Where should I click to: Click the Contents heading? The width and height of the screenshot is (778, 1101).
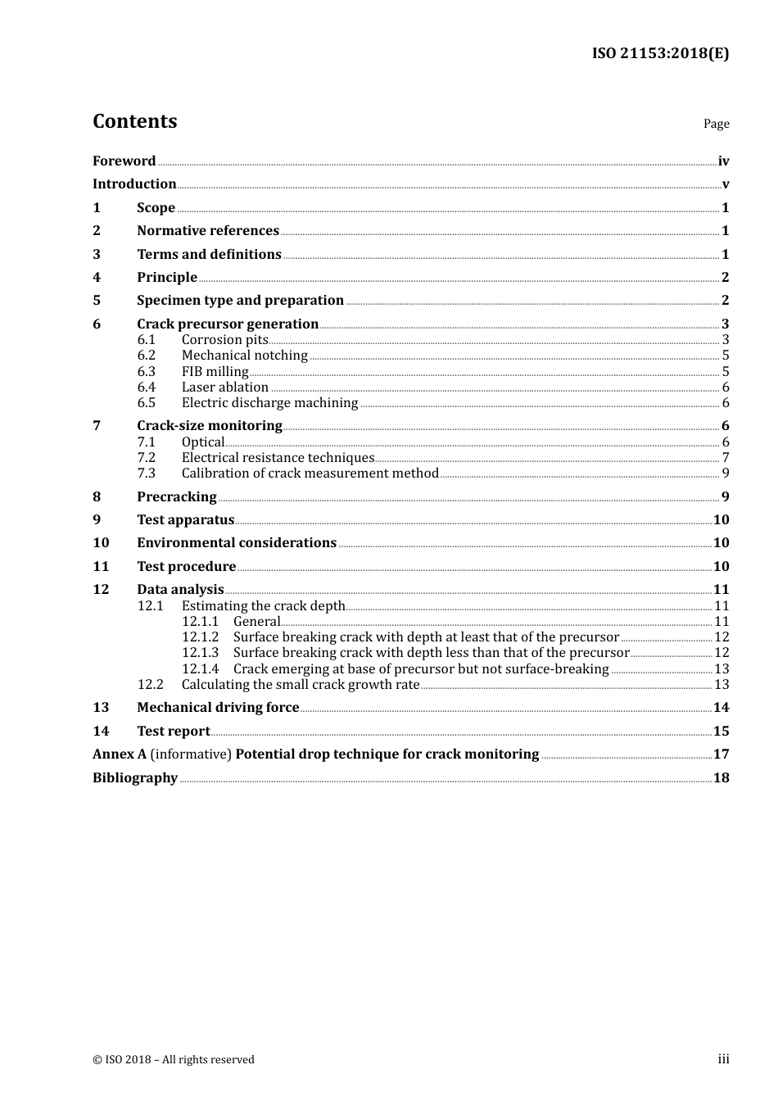(x=134, y=121)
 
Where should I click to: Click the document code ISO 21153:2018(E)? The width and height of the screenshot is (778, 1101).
(x=660, y=53)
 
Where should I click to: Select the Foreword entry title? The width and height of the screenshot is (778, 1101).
(x=124, y=161)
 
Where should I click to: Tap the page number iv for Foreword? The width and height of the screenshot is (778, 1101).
(x=723, y=161)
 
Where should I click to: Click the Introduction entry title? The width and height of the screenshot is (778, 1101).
(x=134, y=184)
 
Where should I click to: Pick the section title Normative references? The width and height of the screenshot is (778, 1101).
(x=208, y=231)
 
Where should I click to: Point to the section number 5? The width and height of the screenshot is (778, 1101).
(x=97, y=301)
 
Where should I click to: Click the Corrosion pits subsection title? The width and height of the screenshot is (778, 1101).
(x=224, y=340)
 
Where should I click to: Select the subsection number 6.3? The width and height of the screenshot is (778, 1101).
(x=146, y=372)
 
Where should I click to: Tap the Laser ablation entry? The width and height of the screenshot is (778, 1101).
(x=224, y=387)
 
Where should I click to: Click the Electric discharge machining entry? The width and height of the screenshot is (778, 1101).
(x=269, y=403)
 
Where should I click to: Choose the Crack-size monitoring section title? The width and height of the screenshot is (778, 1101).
(x=210, y=426)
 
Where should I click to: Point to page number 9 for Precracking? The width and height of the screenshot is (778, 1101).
(x=725, y=497)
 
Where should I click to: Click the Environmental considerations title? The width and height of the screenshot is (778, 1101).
(x=237, y=543)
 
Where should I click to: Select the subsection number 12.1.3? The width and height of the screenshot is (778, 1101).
(x=200, y=653)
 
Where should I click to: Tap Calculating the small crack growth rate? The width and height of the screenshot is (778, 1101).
(x=301, y=685)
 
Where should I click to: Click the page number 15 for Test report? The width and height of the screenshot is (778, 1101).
(x=721, y=732)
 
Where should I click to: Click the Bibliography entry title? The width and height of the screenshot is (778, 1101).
(x=135, y=778)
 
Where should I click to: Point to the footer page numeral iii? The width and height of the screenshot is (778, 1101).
(x=723, y=1059)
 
